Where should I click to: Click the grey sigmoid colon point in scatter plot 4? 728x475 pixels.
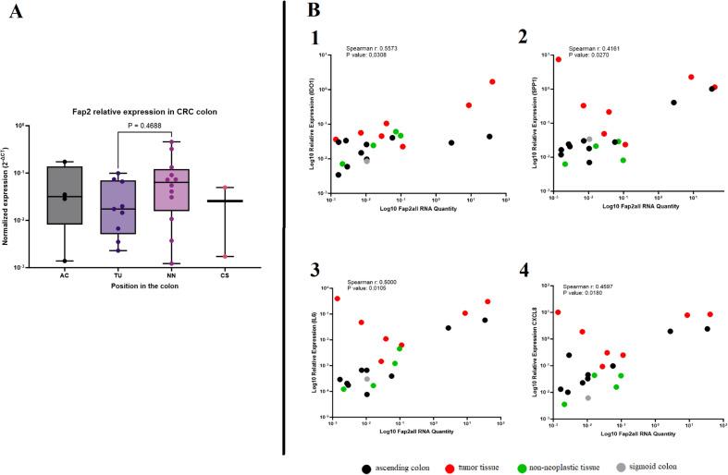click(x=587, y=398)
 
